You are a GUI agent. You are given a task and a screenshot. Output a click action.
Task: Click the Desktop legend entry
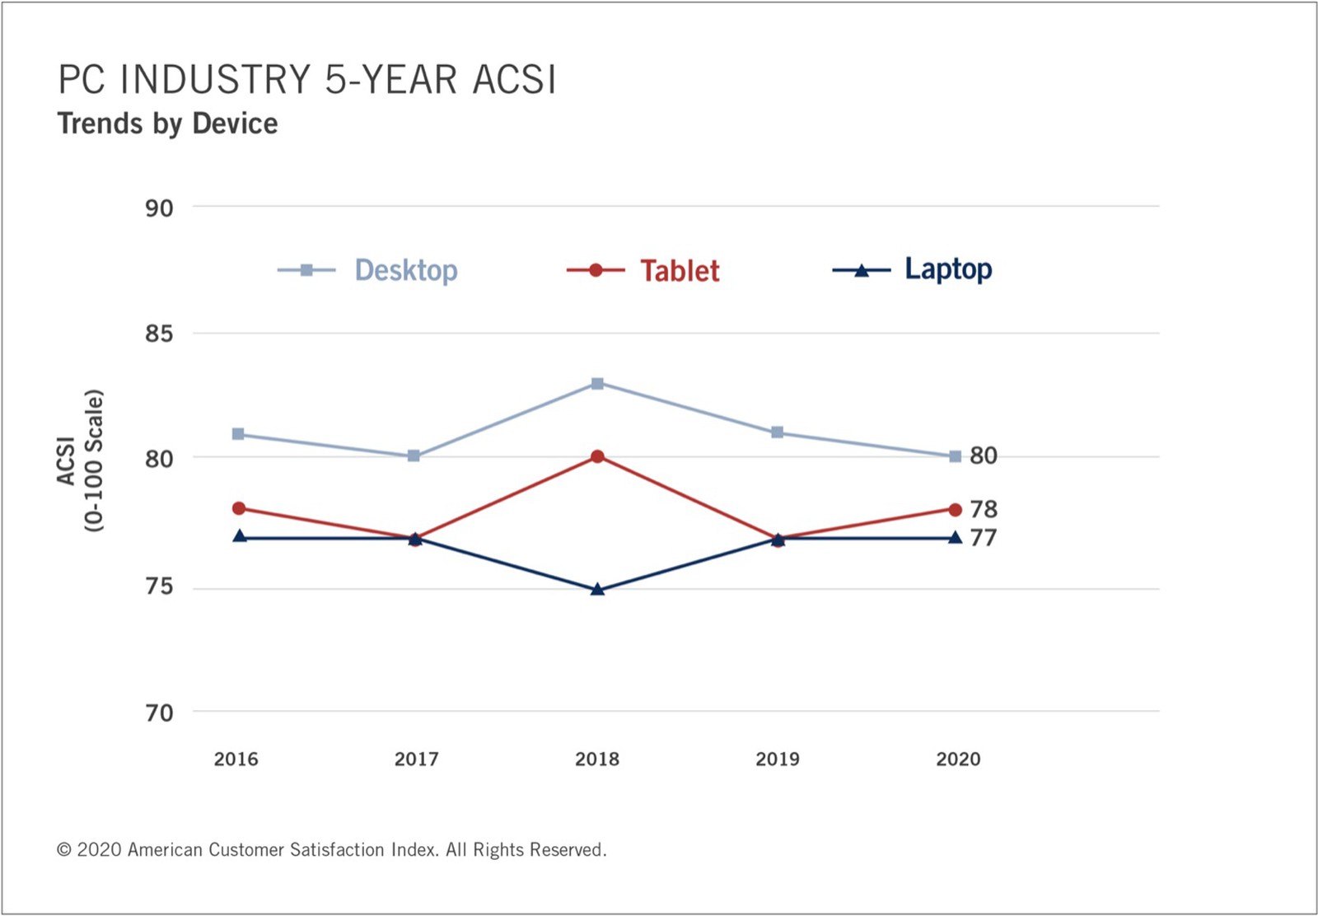[x=367, y=270]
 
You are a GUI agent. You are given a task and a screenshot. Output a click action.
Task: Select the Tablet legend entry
[x=643, y=271]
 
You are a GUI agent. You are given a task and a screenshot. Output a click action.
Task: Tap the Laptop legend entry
[x=912, y=269]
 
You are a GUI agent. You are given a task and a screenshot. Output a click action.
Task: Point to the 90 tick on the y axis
[x=160, y=208]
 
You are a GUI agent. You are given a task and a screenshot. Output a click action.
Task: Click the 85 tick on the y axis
[x=160, y=334]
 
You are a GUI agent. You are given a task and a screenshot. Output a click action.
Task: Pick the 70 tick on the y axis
[x=160, y=713]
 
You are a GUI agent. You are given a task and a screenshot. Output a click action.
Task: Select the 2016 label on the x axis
[x=236, y=759]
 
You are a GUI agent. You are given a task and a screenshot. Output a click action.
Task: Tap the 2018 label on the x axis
[x=597, y=759]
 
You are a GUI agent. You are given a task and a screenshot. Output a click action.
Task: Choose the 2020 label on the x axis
[x=959, y=759]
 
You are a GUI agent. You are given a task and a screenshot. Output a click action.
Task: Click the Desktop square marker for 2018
[x=597, y=384]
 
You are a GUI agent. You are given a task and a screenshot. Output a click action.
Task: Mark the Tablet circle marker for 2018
[x=598, y=456]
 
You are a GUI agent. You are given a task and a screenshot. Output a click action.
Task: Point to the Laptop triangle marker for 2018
[x=597, y=589]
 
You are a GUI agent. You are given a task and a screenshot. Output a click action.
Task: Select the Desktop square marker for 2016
[x=238, y=434]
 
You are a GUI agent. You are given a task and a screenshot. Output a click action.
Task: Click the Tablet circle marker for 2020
[x=956, y=509]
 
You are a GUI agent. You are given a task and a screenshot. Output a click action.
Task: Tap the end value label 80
[x=984, y=456]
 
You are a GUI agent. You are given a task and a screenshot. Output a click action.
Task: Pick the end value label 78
[x=984, y=509]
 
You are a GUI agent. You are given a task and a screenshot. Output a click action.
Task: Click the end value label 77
[x=984, y=538]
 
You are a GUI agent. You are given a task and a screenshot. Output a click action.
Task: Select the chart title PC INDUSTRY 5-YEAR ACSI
[x=307, y=79]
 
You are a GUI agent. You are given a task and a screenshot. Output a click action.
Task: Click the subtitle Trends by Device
[x=168, y=124]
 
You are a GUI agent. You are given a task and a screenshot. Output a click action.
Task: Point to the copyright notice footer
[x=331, y=850]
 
